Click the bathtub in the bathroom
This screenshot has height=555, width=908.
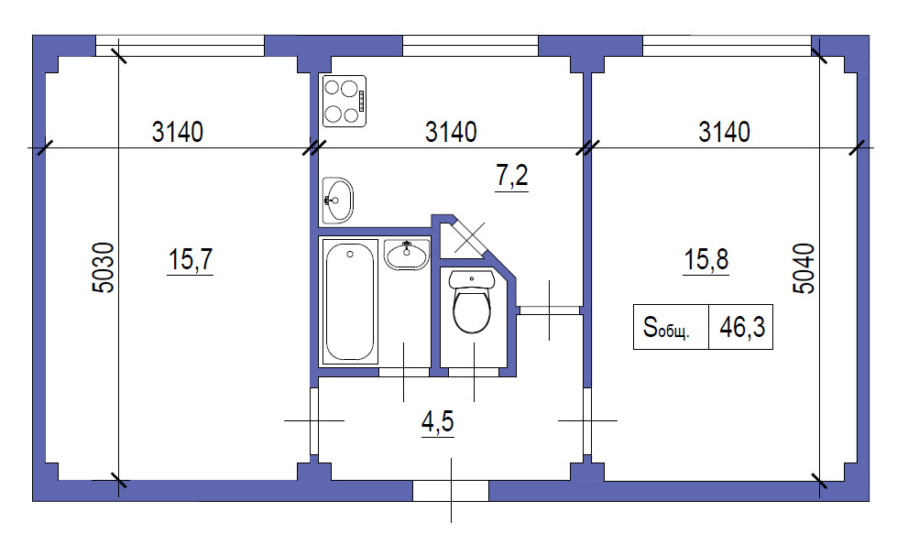tap(349, 301)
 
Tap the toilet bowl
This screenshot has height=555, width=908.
tap(471, 311)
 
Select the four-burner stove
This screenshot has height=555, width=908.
tap(345, 101)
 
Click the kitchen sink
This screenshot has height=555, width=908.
tap(337, 201)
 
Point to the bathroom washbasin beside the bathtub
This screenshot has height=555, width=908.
tap(407, 255)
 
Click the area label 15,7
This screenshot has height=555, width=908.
tap(191, 259)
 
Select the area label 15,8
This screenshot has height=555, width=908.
tap(706, 259)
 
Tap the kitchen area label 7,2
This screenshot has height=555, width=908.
tap(512, 175)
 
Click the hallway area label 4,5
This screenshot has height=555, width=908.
tap(438, 421)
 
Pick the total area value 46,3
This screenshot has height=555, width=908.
tap(742, 327)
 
